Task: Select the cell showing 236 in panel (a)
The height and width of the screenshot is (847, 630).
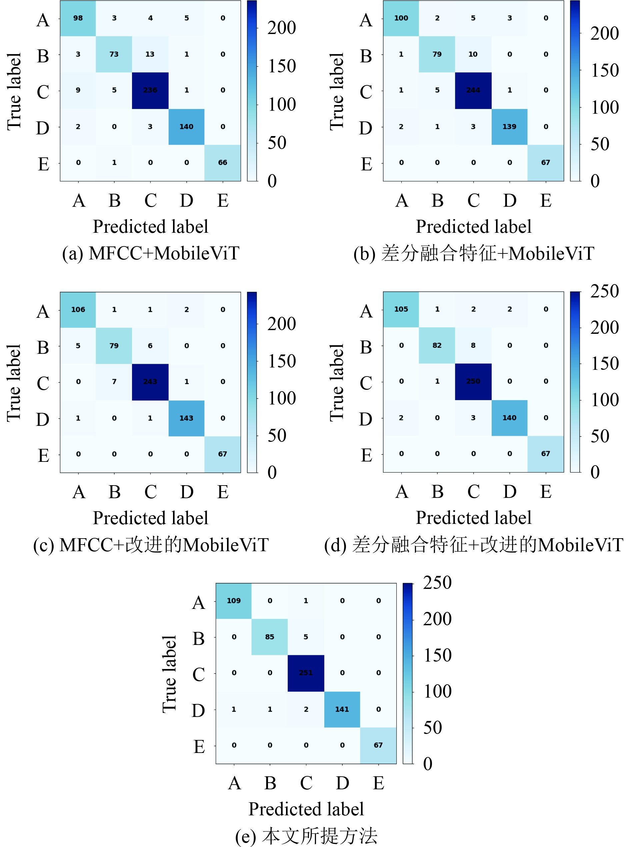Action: tap(150, 90)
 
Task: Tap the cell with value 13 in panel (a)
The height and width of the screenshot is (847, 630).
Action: tap(150, 54)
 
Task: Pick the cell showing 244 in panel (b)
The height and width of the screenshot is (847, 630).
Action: tap(473, 90)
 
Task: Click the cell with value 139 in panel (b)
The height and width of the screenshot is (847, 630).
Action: tap(509, 127)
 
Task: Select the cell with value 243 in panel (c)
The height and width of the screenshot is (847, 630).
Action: tap(150, 382)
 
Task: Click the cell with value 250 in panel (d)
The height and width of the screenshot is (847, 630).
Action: tap(473, 381)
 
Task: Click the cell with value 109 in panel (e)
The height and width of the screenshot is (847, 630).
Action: tap(233, 601)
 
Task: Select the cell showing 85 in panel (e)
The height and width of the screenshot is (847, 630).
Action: tap(270, 637)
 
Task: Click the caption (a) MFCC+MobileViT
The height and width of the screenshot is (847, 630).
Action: tap(151, 253)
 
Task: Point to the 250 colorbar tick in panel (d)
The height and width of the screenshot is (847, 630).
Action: tap(604, 291)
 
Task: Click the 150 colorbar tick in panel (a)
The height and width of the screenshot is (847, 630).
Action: tap(281, 66)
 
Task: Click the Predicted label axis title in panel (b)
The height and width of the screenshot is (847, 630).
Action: tap(473, 227)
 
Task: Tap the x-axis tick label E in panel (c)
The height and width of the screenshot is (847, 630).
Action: tap(223, 492)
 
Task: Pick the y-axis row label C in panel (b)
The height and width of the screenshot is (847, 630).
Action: tap(366, 92)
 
